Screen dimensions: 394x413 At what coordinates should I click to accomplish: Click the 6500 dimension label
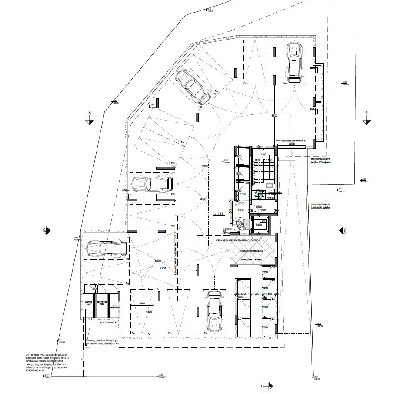tap(274, 117)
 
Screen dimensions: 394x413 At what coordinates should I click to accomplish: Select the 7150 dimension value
tap(163, 269)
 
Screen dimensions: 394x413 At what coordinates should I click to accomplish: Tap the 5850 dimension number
tap(202, 199)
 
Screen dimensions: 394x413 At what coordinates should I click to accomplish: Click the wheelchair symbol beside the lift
tap(240, 223)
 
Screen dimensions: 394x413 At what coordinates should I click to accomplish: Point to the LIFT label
tap(262, 221)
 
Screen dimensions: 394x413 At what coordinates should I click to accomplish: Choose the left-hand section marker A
tap(90, 117)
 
